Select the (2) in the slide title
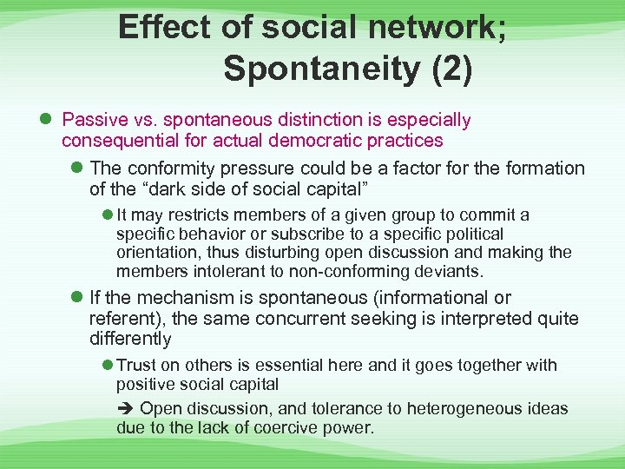(x=451, y=69)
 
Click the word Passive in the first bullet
(x=94, y=120)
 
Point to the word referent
(x=120, y=319)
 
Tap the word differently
(x=130, y=339)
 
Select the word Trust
(x=137, y=366)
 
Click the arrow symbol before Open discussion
(x=125, y=408)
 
